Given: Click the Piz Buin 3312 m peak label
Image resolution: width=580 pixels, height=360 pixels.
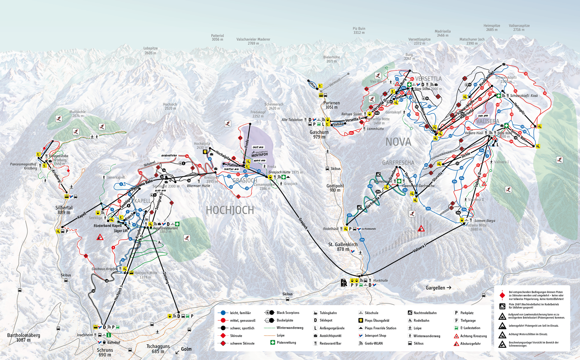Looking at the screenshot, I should click(x=359, y=31).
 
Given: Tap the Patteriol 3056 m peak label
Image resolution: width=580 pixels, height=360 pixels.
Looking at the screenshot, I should click(x=217, y=37).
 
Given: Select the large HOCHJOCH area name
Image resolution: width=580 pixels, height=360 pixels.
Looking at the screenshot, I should click(x=230, y=210).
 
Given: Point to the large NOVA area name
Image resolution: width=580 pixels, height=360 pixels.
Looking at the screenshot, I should click(x=398, y=142).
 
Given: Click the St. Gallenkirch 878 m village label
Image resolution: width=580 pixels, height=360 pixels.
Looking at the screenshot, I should click(x=343, y=247).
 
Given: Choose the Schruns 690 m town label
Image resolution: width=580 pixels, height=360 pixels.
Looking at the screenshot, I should click(x=105, y=352).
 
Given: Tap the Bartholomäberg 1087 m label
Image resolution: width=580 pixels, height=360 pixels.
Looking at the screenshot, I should click(x=24, y=337).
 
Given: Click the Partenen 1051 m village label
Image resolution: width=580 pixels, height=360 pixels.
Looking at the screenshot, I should click(x=331, y=105).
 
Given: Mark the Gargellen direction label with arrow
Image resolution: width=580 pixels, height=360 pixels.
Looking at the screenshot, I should click(x=438, y=288).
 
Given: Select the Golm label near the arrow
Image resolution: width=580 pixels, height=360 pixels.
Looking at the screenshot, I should click(x=186, y=349).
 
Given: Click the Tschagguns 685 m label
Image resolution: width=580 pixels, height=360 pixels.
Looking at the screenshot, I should click(x=158, y=349).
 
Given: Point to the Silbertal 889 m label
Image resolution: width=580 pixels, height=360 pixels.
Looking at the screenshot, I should click(x=64, y=210).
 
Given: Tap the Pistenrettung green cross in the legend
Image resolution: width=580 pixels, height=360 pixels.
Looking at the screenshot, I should click(x=272, y=342).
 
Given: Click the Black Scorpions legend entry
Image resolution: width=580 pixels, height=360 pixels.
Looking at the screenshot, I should click(x=288, y=313).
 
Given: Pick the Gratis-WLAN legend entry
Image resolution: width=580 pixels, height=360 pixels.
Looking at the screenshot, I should click(x=373, y=343).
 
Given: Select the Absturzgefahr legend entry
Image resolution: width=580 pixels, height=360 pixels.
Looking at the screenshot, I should click(x=470, y=344).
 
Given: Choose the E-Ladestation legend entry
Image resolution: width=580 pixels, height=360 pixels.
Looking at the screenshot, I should click(x=470, y=328).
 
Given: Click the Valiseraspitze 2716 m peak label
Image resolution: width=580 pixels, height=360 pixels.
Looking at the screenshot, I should click(x=519, y=28).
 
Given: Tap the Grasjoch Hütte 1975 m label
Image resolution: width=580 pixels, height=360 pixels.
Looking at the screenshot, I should click(x=285, y=172).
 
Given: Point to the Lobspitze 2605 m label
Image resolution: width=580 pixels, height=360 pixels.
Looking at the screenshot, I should click(x=150, y=50).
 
